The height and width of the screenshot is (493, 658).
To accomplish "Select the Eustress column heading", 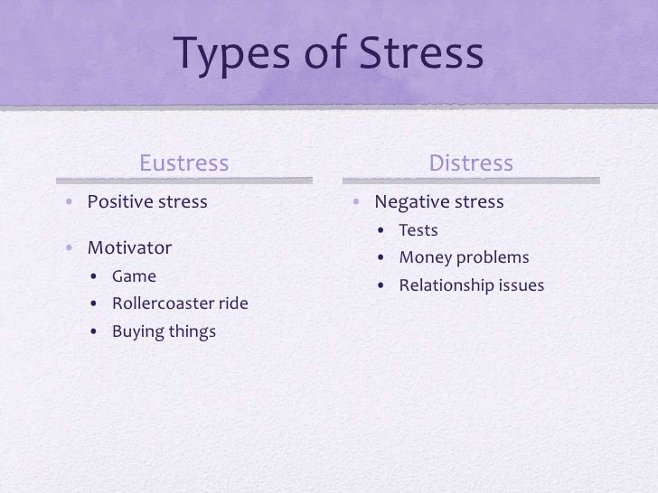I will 184,163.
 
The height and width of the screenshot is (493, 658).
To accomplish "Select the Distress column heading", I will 471,163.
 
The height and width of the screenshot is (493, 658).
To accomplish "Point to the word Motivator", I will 129,246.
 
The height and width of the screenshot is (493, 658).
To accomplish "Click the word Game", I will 134,276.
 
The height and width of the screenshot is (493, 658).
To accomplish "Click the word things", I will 192,331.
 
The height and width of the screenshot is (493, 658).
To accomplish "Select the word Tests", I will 418,231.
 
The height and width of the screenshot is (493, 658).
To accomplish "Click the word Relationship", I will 446,287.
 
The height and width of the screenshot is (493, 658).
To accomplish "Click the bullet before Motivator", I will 69,246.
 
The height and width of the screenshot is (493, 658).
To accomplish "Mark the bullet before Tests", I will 383,232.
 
